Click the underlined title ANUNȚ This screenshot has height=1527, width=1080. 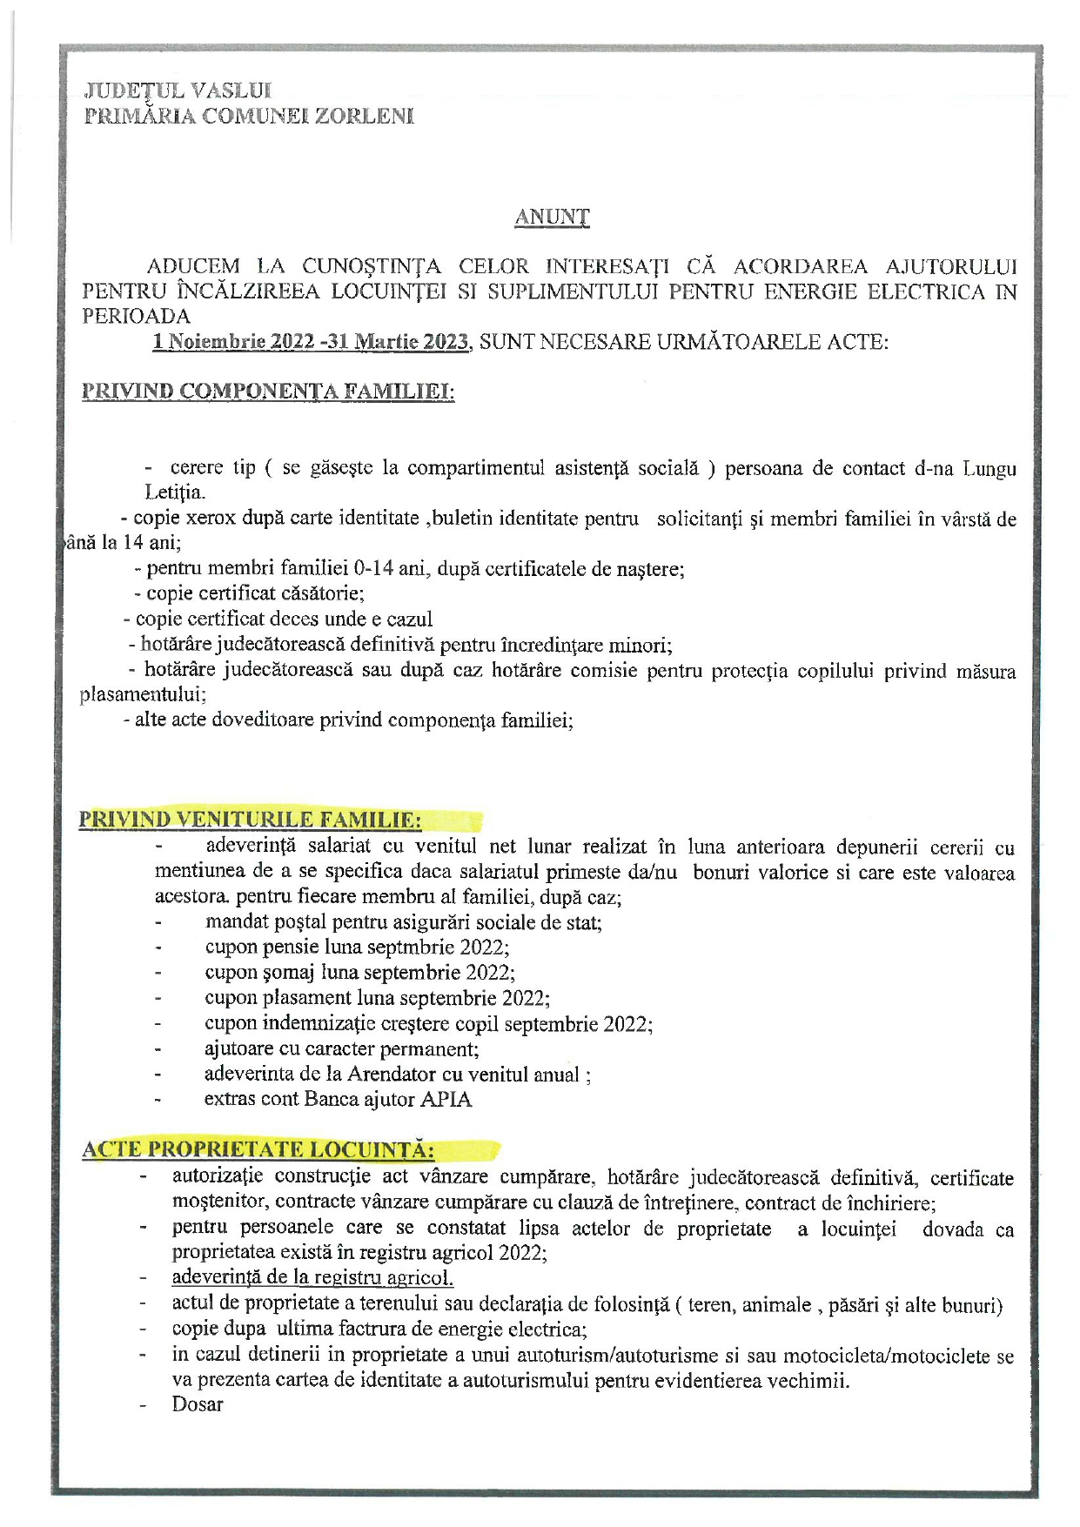(552, 217)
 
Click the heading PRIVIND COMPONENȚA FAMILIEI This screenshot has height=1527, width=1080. (268, 392)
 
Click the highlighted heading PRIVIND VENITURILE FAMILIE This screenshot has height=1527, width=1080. (251, 820)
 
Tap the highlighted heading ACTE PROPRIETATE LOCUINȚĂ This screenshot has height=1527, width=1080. (258, 1149)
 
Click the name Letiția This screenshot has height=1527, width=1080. (174, 492)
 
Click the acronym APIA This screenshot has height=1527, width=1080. (446, 1099)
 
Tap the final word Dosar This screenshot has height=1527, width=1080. (198, 1404)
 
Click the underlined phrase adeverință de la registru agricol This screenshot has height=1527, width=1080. (312, 1277)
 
